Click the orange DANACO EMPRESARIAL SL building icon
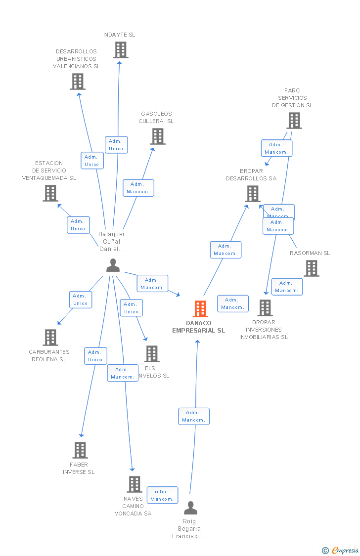click(200, 309)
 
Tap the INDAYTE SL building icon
click(120, 50)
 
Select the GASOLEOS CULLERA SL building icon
click(158, 136)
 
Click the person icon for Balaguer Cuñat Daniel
click(113, 265)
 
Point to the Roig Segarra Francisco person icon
click(190, 508)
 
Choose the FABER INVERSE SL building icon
click(80, 450)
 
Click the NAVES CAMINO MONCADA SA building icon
click(134, 484)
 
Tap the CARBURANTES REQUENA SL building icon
click(50, 338)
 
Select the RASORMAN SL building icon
click(311, 268)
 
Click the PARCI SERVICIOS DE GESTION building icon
click(294, 121)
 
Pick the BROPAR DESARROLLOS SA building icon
click(252, 194)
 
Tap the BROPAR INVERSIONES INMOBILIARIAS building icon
click(265, 308)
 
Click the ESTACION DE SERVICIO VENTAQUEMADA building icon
click(50, 193)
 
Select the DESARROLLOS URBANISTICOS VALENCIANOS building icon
click(78, 82)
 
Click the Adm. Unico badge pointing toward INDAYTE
click(116, 145)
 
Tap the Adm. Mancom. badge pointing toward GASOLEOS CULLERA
click(138, 188)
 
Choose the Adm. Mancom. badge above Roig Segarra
click(194, 416)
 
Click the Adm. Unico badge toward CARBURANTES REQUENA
click(80, 299)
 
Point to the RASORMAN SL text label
click(310, 253)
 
